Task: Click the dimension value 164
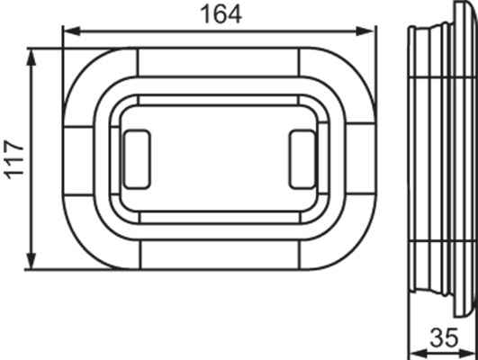click(218, 15)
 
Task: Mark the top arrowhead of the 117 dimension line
click(33, 56)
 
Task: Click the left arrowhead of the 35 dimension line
click(413, 352)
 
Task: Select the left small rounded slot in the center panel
click(136, 159)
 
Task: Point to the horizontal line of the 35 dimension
click(441, 352)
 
